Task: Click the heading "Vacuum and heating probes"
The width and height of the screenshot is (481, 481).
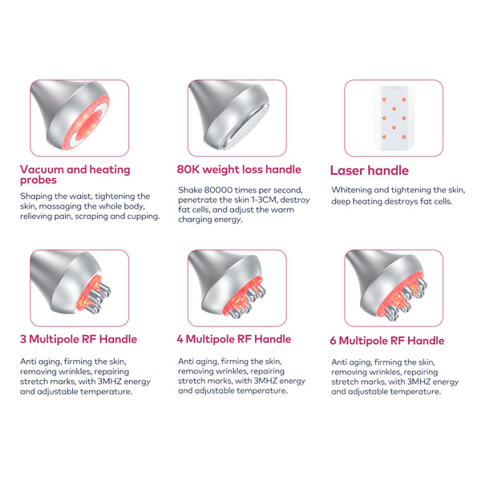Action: (x=75, y=174)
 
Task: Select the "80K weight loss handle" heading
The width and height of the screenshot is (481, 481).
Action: (x=239, y=169)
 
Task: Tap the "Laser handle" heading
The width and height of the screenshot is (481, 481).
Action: (x=370, y=171)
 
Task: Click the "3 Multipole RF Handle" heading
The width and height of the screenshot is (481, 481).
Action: (x=79, y=339)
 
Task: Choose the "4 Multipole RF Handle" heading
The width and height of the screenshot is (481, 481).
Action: (x=234, y=339)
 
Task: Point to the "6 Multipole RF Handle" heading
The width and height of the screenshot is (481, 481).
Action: (x=387, y=341)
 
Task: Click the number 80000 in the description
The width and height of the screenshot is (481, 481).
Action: (x=218, y=190)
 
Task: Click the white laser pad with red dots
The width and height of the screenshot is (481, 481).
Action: (x=394, y=118)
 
